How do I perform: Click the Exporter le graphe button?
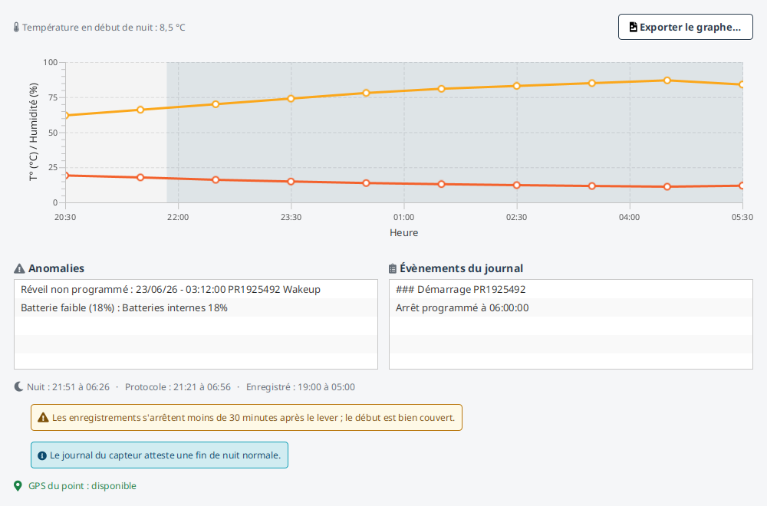pyautogui.click(x=685, y=27)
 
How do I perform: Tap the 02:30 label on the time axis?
pyautogui.click(x=516, y=217)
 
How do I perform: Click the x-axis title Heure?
pyautogui.click(x=403, y=233)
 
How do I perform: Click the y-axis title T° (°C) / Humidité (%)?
pyautogui.click(x=33, y=132)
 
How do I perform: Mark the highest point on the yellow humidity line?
pyautogui.click(x=667, y=80)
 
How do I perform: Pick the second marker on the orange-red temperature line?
pyautogui.click(x=140, y=177)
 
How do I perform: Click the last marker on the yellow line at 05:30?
pyautogui.click(x=742, y=84)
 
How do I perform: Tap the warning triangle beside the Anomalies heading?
pyautogui.click(x=19, y=269)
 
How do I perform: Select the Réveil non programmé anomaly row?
pyautogui.click(x=196, y=290)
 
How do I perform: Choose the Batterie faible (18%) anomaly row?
pyautogui.click(x=196, y=308)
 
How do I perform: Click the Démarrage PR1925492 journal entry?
pyautogui.click(x=571, y=290)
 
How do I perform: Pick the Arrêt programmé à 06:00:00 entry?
pyautogui.click(x=571, y=308)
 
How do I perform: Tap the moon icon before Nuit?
pyautogui.click(x=18, y=386)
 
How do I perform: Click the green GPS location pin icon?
pyautogui.click(x=18, y=486)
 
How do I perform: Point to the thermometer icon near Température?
pyautogui.click(x=16, y=28)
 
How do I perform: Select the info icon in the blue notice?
pyautogui.click(x=42, y=455)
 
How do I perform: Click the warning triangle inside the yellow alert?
pyautogui.click(x=43, y=418)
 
